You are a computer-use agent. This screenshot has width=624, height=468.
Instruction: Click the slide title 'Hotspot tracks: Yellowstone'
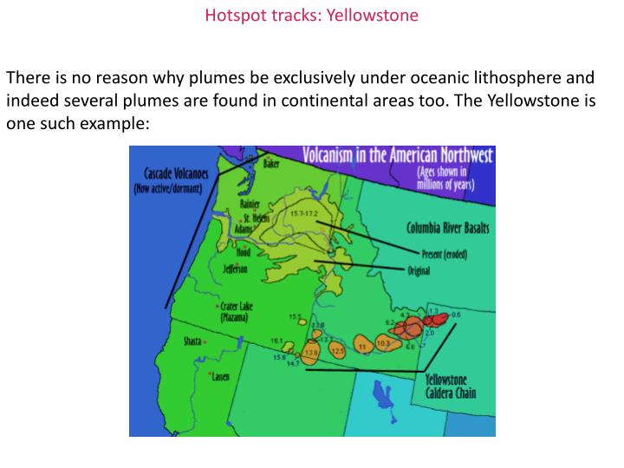(x=311, y=16)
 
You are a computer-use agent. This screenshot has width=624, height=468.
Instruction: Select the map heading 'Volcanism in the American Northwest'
(x=398, y=156)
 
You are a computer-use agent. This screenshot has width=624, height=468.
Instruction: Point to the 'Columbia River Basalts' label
(x=447, y=228)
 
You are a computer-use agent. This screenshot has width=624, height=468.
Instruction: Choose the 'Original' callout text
(x=419, y=271)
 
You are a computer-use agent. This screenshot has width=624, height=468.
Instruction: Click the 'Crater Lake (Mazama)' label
(x=235, y=311)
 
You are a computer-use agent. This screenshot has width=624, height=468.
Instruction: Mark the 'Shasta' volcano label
(x=192, y=341)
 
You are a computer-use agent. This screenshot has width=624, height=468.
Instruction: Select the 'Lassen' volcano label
(x=221, y=377)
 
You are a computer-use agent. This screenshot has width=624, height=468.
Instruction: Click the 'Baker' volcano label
(x=270, y=165)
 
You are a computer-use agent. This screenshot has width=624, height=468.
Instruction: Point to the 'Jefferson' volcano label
(x=235, y=270)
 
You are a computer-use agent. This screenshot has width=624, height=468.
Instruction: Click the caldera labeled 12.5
(x=337, y=349)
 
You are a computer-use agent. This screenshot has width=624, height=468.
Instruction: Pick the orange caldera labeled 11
(x=361, y=345)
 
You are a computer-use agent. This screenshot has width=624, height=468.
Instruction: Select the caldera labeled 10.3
(x=383, y=344)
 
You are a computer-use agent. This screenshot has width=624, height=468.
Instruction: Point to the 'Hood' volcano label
(x=244, y=253)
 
